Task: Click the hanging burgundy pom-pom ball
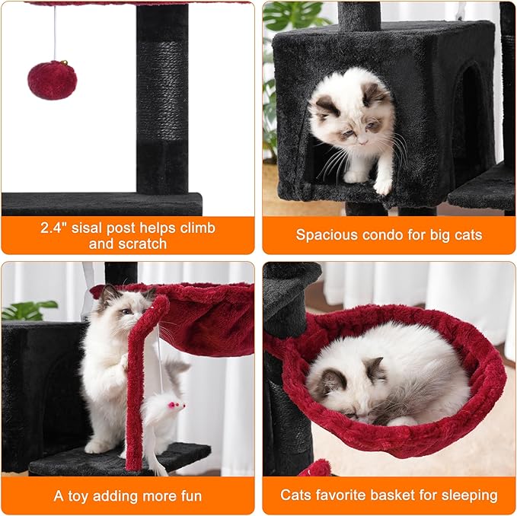click(x=52, y=80)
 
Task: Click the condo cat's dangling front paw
click(x=383, y=184)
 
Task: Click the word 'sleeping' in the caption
click(x=469, y=495)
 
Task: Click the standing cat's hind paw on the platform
click(x=99, y=447)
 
